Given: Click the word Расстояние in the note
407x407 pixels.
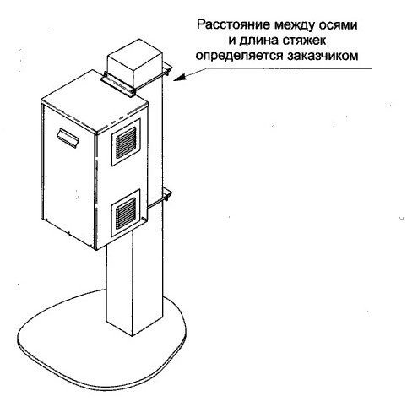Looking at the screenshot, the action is click(x=233, y=24).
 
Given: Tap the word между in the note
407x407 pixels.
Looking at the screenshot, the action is click(x=294, y=25).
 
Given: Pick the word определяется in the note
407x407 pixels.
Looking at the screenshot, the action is click(x=240, y=56).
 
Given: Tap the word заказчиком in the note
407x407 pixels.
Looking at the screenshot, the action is click(x=323, y=56).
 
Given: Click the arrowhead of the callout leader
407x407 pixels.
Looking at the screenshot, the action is click(x=178, y=78).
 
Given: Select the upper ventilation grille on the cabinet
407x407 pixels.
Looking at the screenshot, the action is click(x=126, y=143).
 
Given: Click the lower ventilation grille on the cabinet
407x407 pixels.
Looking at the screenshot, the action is click(x=126, y=213).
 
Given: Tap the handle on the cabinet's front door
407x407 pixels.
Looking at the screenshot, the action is click(x=68, y=138).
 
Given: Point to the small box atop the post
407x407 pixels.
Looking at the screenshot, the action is click(x=134, y=63).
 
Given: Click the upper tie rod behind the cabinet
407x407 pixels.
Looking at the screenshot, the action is click(x=151, y=81).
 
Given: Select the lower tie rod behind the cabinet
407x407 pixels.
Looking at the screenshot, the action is click(x=158, y=203).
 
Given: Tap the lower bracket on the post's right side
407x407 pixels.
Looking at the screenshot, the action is click(x=167, y=195).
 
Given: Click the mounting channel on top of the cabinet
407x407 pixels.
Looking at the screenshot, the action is click(x=117, y=84).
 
